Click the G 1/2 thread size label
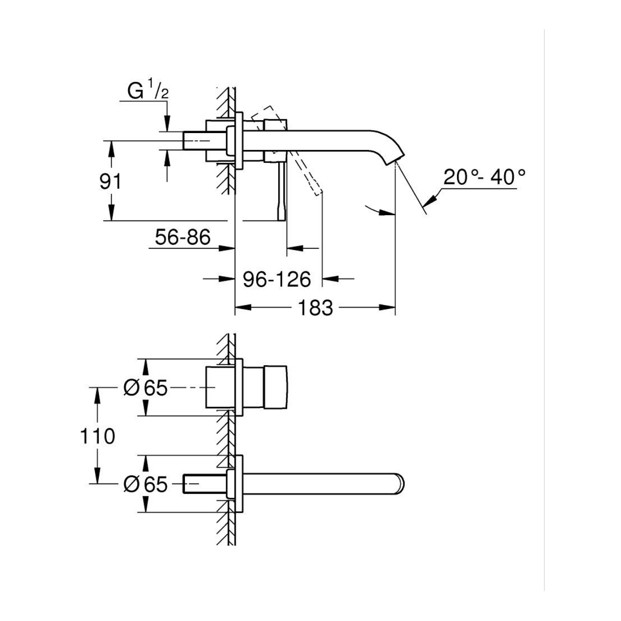(148, 91)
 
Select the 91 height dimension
(110, 181)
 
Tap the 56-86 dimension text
(183, 237)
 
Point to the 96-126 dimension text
(277, 279)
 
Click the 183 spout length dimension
(315, 308)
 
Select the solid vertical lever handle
(282, 191)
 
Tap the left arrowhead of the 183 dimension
(243, 308)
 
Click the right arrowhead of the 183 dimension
(387, 308)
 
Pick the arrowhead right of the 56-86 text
(227, 248)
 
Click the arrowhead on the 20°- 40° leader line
(430, 200)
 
